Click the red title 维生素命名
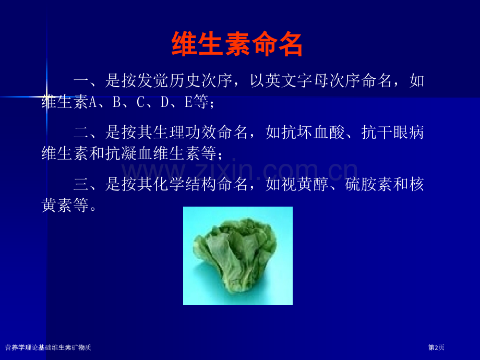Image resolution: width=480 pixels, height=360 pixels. [x=237, y=44]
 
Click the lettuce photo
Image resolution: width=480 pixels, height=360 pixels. [x=238, y=256]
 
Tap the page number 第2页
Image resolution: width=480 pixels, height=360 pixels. [x=436, y=347]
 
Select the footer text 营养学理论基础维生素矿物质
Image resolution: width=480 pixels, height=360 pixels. [x=48, y=347]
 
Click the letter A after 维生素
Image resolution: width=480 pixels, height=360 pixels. [x=92, y=102]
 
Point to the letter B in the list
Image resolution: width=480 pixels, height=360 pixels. [x=116, y=102]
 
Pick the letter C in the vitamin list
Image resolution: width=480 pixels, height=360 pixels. [x=140, y=102]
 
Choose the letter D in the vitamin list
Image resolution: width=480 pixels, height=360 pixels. [x=164, y=102]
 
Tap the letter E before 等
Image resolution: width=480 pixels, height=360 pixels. [x=188, y=102]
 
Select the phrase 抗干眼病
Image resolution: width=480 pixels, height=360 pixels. [x=392, y=133]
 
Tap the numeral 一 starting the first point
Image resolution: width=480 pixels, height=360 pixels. [x=81, y=81]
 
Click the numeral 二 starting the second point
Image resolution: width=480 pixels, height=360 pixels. [x=81, y=133]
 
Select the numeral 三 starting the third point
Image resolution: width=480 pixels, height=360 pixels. [x=81, y=185]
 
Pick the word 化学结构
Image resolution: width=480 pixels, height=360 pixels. [x=185, y=184]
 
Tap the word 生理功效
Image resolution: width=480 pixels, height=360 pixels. [x=185, y=133]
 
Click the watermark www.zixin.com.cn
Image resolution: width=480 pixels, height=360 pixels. [x=239, y=171]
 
